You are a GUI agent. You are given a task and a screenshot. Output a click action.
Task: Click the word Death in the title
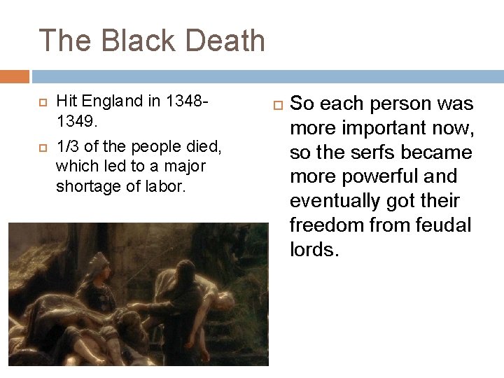click(x=227, y=41)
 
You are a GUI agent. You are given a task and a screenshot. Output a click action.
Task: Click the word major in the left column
click(x=185, y=166)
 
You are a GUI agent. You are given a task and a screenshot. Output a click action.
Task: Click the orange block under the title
click(x=15, y=76)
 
